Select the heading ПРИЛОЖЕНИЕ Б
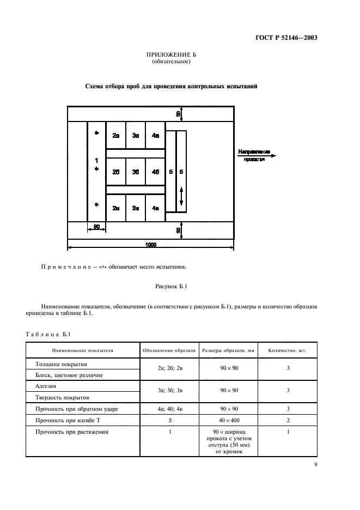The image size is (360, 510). pyautogui.click(x=171, y=56)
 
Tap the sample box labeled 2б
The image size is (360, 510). pyautogui.click(x=115, y=172)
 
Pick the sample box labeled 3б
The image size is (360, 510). pyautogui.click(x=136, y=172)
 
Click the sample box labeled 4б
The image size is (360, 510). pyautogui.click(x=156, y=172)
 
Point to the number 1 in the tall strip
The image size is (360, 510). pyautogui.click(x=96, y=161)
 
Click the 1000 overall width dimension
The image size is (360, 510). pyautogui.click(x=150, y=245)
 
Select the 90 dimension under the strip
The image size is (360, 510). pyautogui.click(x=96, y=227)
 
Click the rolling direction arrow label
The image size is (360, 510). pyautogui.click(x=254, y=155)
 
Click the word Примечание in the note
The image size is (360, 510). pyautogui.click(x=65, y=267)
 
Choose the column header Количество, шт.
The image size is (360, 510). pyautogui.click(x=288, y=351)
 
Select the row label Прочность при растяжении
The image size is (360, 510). pyautogui.click(x=71, y=433)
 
